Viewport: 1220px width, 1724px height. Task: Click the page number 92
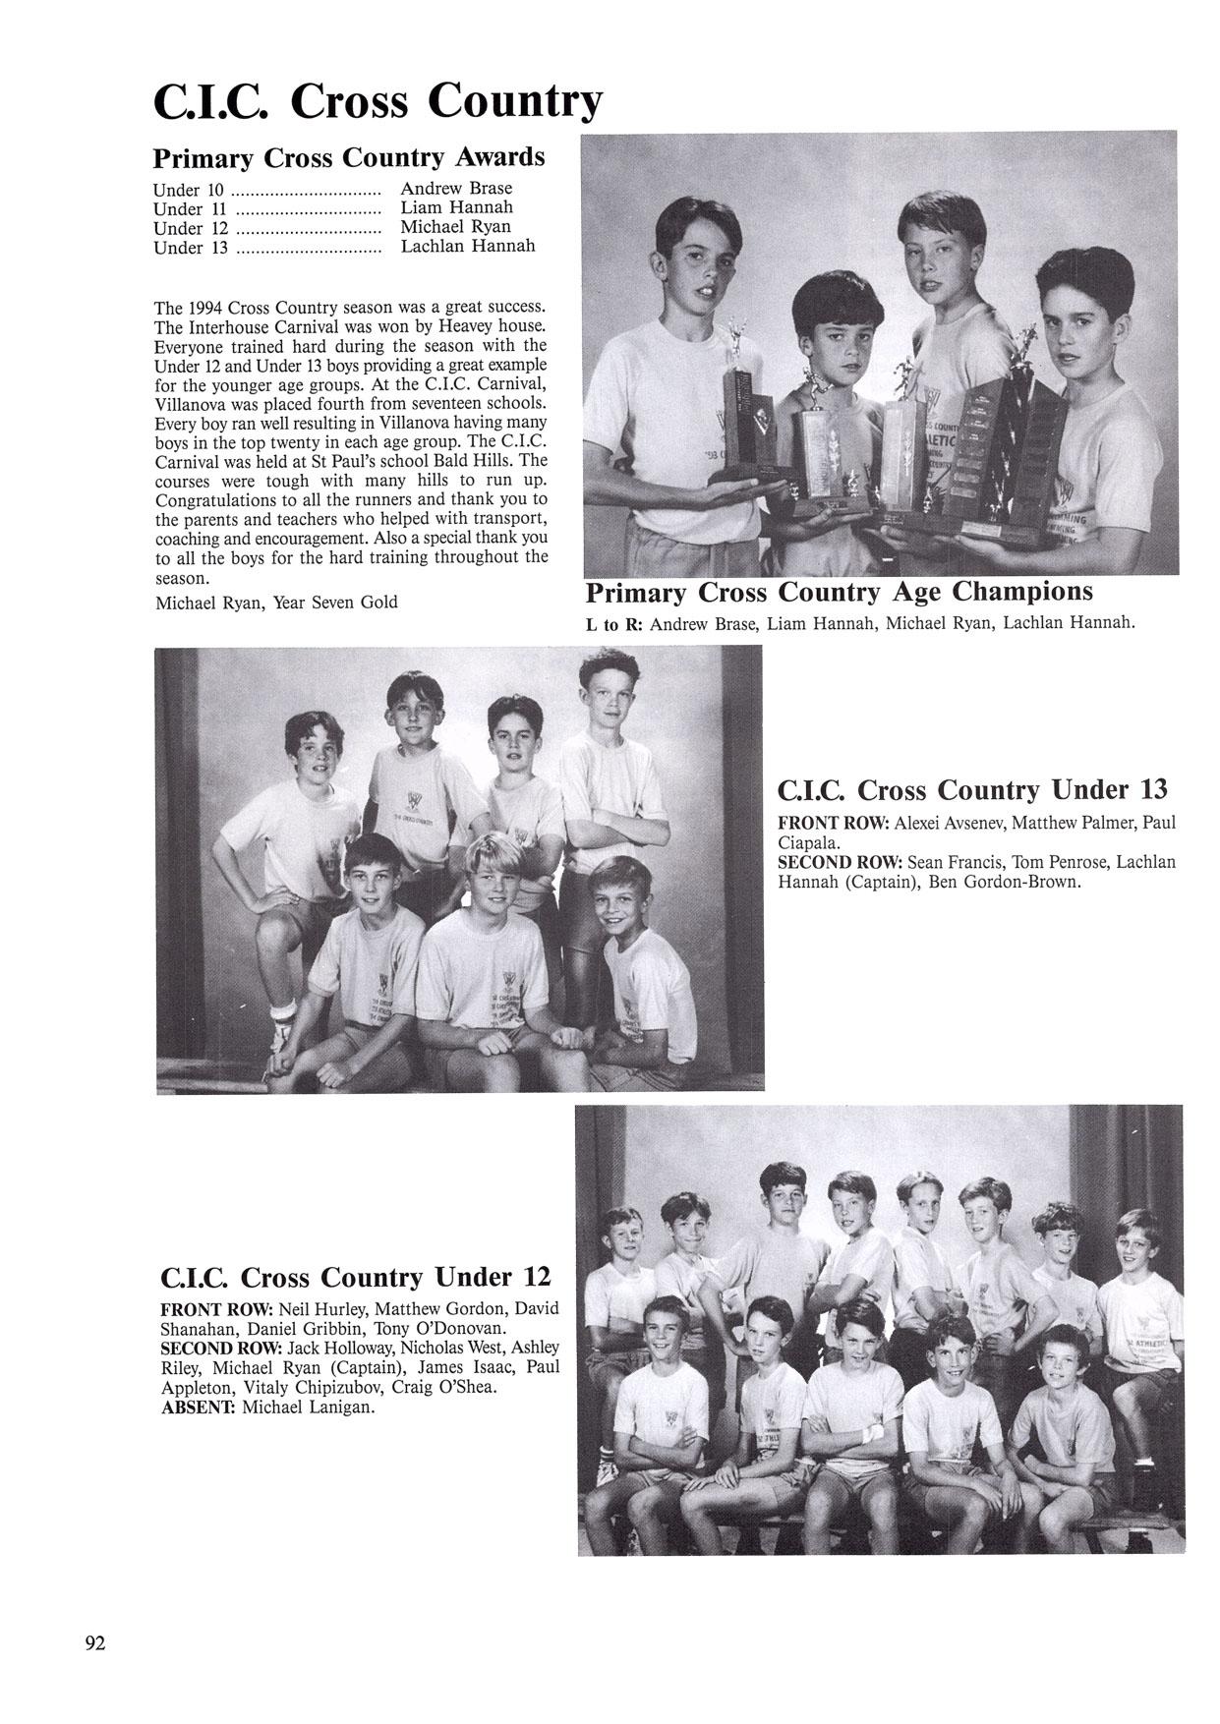pos(95,1643)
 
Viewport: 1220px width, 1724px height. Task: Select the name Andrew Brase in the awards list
pos(456,188)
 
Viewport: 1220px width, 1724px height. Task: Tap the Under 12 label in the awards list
pos(191,228)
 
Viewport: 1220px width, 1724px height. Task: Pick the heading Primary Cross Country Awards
pos(349,157)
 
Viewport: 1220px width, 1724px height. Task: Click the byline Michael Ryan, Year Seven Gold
pos(276,602)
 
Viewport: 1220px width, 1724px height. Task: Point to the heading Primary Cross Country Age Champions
pos(839,593)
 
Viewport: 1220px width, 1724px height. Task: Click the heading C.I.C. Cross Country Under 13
pos(971,789)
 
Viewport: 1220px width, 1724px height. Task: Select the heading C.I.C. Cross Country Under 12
pos(355,1277)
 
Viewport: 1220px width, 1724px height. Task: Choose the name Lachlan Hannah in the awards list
pos(468,246)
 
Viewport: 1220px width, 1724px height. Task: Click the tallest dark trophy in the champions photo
pos(1024,432)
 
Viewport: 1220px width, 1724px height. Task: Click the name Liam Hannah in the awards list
pos(456,207)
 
